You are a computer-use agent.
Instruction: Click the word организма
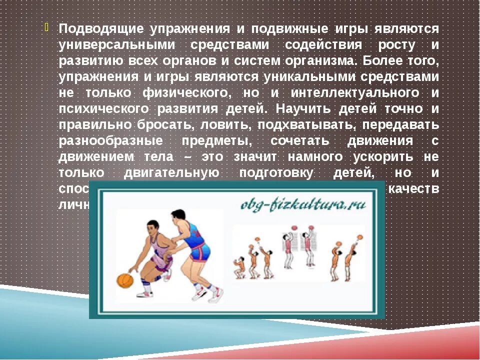point(315,61)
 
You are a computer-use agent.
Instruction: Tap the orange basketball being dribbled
point(125,280)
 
